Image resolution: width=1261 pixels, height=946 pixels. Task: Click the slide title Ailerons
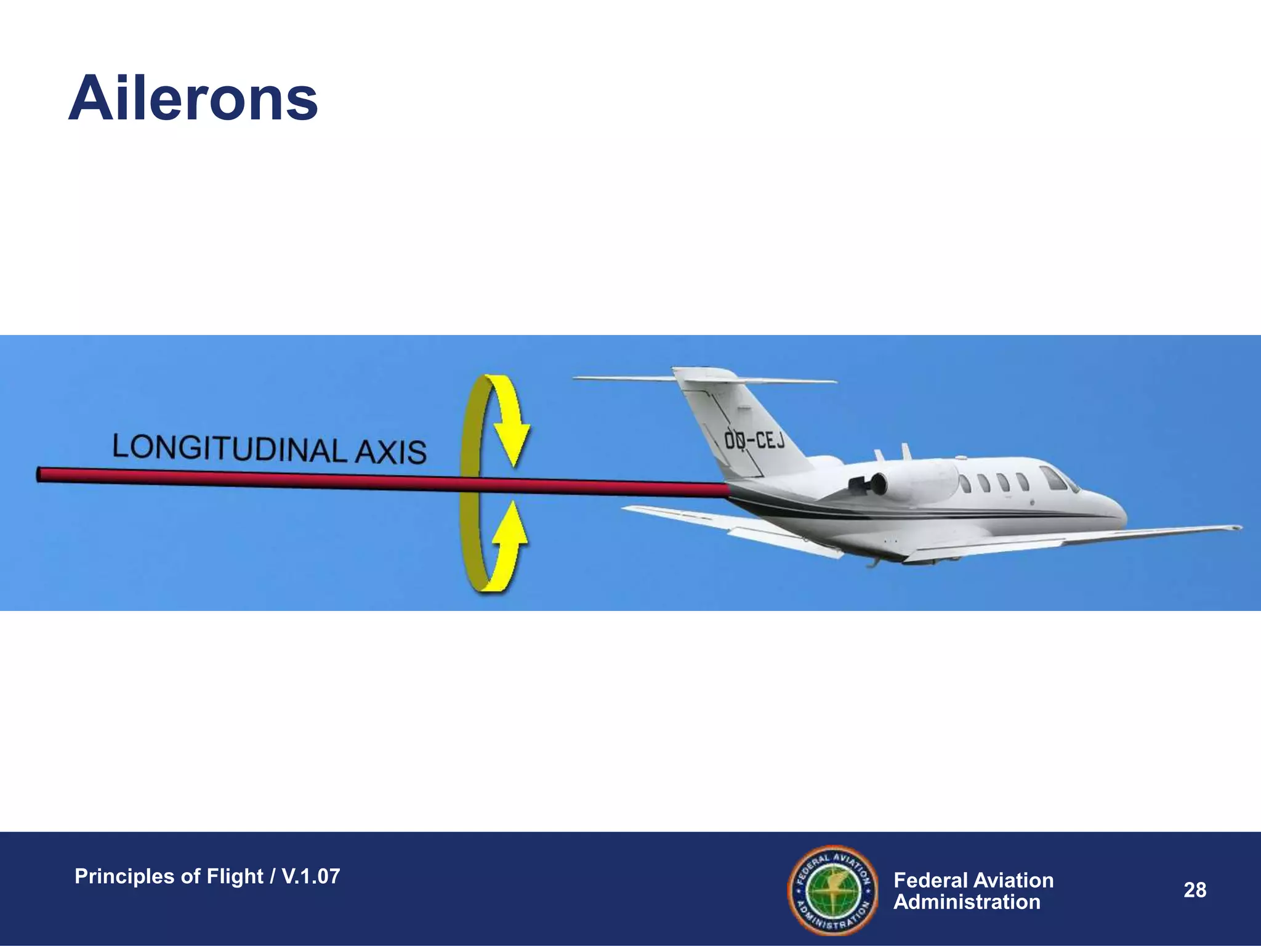pos(193,99)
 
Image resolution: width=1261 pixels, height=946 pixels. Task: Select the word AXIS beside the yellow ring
pos(391,451)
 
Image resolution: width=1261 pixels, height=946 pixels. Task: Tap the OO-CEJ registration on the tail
pos(754,440)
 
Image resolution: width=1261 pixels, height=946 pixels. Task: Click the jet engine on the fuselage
pos(905,482)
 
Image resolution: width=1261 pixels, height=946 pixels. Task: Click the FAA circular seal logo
pos(832,890)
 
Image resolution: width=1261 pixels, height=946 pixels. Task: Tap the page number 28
pos(1195,890)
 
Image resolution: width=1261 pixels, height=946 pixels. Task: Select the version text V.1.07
pos(310,876)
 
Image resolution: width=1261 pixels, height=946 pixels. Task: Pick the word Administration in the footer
pos(967,902)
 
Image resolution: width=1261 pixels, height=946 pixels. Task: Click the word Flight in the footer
pos(235,876)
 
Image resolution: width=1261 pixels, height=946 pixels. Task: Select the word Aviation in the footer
pos(1015,880)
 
